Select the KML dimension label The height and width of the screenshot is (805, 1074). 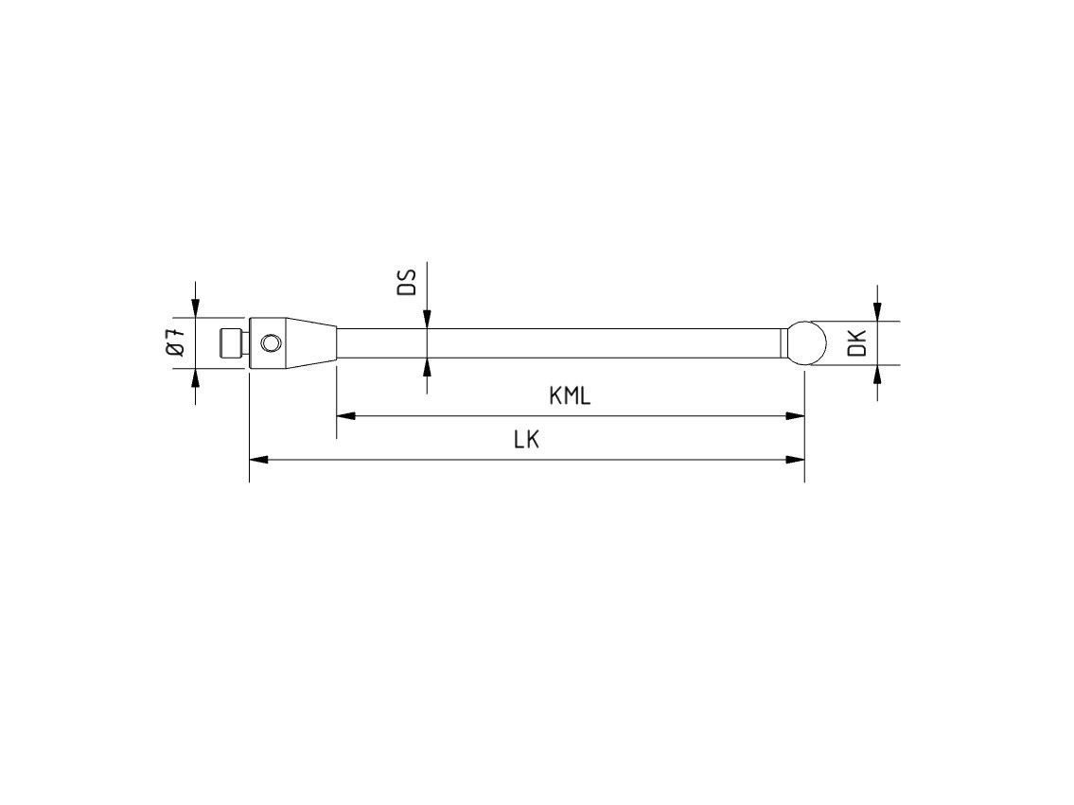[570, 396]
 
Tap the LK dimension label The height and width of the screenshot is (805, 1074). [526, 440]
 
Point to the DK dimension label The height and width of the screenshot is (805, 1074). [857, 342]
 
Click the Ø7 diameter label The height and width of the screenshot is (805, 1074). [175, 342]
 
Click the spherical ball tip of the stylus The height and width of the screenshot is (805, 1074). [802, 342]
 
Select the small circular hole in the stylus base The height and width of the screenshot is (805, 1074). [272, 342]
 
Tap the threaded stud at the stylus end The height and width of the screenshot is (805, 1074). [229, 342]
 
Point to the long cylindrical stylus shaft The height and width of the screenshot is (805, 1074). [558, 342]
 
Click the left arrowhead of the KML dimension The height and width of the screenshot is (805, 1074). [344, 415]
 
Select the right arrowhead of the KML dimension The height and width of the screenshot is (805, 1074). [796, 415]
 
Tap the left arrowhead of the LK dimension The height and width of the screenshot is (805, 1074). [257, 459]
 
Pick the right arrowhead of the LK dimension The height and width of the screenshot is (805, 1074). [796, 459]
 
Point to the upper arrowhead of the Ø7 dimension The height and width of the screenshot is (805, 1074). [196, 308]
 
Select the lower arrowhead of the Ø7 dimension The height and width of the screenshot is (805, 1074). [196, 376]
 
